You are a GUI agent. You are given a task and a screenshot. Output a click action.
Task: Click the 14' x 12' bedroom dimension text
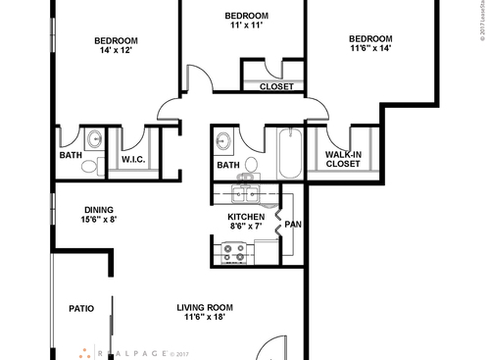[116, 53]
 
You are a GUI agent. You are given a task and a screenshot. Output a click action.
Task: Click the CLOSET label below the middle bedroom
[276, 86]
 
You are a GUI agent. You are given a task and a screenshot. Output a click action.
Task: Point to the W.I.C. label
[133, 159]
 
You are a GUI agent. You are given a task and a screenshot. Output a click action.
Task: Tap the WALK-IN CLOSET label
[342, 159]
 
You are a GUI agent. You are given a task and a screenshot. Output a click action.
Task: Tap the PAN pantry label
[293, 225]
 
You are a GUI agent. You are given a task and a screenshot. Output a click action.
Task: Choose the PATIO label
[81, 309]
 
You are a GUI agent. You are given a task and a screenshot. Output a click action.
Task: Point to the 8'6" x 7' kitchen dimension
[245, 227]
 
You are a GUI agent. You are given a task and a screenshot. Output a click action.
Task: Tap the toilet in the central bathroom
[250, 165]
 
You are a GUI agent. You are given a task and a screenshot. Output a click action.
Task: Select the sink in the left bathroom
[95, 138]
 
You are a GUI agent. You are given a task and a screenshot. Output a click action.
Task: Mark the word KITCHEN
[245, 216]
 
